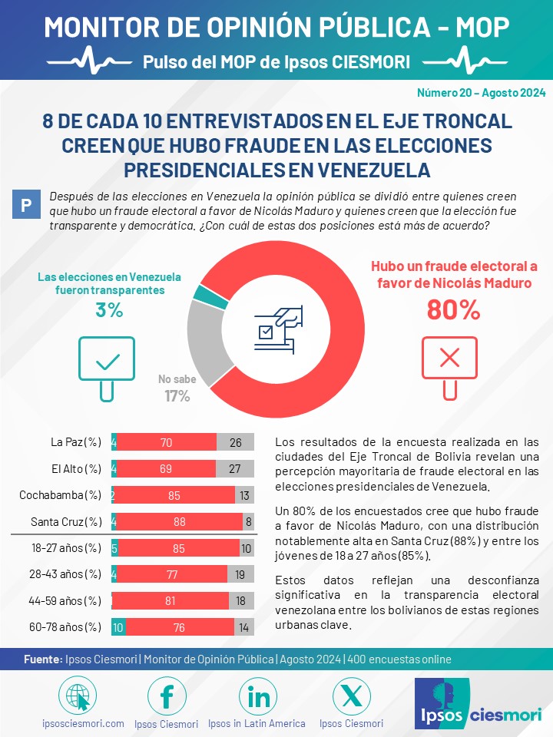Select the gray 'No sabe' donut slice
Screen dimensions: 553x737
point(204,341)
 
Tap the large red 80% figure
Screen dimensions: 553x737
point(453,310)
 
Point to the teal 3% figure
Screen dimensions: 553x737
point(109,310)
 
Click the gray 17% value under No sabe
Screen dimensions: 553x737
point(177,396)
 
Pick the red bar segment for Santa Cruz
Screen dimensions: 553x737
point(180,522)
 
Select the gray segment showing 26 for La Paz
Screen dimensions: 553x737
point(235,442)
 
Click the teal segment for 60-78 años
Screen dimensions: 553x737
point(118,627)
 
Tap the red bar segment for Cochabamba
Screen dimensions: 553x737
point(174,495)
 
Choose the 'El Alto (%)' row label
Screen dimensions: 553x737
point(76,469)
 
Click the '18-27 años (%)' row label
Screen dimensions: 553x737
point(66,548)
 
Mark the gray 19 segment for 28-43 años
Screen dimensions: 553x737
point(240,574)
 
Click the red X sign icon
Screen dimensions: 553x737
point(449,368)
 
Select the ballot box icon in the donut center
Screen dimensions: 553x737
point(279,329)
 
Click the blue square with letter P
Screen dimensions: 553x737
point(26,204)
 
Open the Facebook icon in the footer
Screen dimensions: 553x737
point(167,696)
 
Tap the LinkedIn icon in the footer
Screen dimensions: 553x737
point(258,696)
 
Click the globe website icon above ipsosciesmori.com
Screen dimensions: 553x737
point(78,696)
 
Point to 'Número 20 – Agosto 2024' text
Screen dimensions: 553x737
point(481,93)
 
